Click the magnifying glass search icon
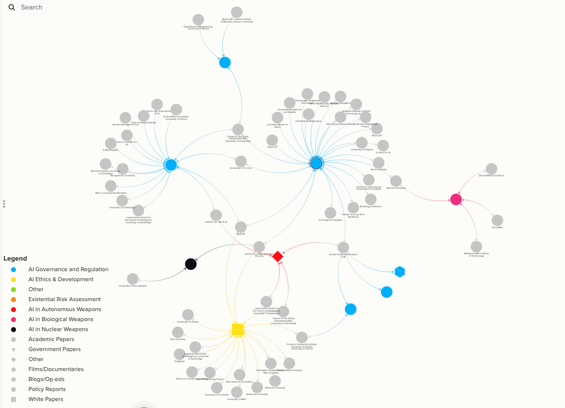click(x=11, y=7)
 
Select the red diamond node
click(x=277, y=256)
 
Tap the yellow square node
click(x=238, y=329)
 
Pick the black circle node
click(x=190, y=264)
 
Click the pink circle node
click(x=456, y=199)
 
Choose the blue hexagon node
click(x=399, y=272)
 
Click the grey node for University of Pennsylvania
click(x=132, y=279)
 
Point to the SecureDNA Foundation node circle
click(x=491, y=169)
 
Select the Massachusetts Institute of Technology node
click(x=476, y=246)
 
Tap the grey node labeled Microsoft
click(x=376, y=128)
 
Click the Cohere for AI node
click(x=383, y=145)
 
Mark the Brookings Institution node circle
click(x=370, y=199)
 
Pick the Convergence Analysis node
click(x=330, y=213)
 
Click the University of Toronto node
click(x=240, y=161)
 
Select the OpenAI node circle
click(x=240, y=227)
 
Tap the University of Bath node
click(x=236, y=393)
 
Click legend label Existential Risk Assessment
click(x=64, y=299)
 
